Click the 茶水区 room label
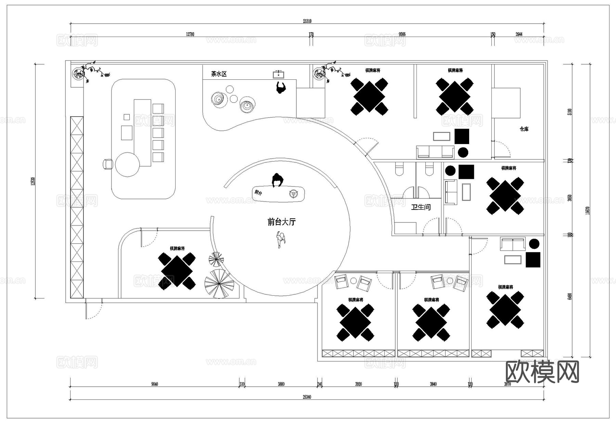pyautogui.click(x=219, y=74)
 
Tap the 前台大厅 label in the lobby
pyautogui.click(x=281, y=222)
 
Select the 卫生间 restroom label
pyautogui.click(x=421, y=207)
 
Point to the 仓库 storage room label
pyautogui.click(x=524, y=129)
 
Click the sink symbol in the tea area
pyautogui.click(x=278, y=74)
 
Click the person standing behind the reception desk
pyautogui.click(x=278, y=180)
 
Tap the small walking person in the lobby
pyautogui.click(x=281, y=239)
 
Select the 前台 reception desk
pyautogui.click(x=279, y=194)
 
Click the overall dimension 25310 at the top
pyautogui.click(x=307, y=21)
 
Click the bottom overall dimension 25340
pyautogui.click(x=307, y=397)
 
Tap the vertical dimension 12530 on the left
pyautogui.click(x=33, y=181)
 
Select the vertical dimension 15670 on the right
pyautogui.click(x=587, y=210)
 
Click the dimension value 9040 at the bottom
pyautogui.click(x=154, y=384)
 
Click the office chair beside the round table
pyautogui.click(x=108, y=164)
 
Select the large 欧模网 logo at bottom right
pyautogui.click(x=542, y=372)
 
